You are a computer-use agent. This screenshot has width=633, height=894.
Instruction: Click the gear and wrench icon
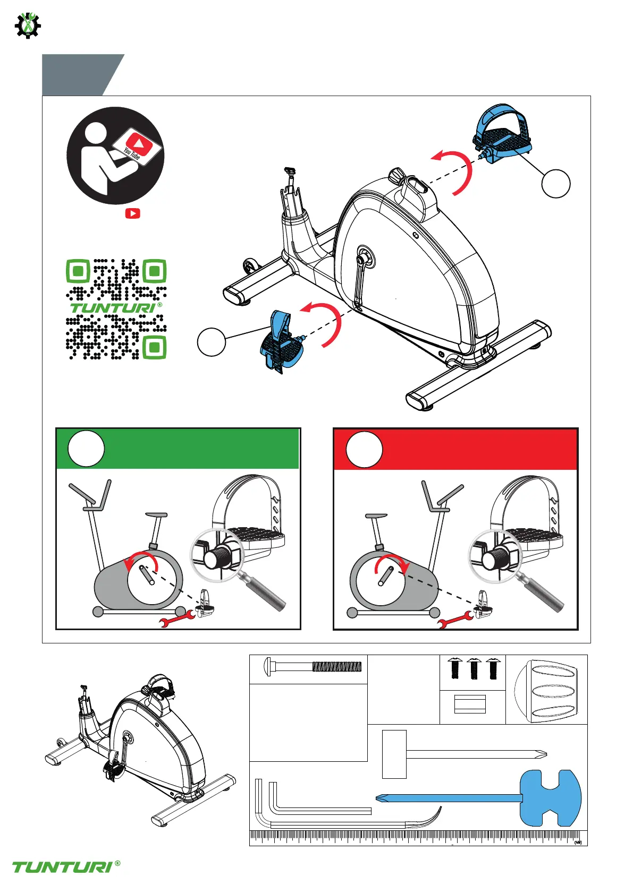27,24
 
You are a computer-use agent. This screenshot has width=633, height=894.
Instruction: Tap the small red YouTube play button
132,213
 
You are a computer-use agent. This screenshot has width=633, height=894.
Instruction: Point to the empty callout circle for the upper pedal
555,184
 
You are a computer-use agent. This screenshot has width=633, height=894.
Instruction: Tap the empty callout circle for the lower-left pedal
212,341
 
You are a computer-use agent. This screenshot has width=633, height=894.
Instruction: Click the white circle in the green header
86,449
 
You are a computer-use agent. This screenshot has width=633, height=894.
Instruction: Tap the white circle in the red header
364,450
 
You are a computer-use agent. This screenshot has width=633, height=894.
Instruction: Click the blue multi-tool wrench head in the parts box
550,798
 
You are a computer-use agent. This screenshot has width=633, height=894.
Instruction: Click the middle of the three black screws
474,668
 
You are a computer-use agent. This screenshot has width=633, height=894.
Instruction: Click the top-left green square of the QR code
79,271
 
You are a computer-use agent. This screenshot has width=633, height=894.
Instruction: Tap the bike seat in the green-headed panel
156,515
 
